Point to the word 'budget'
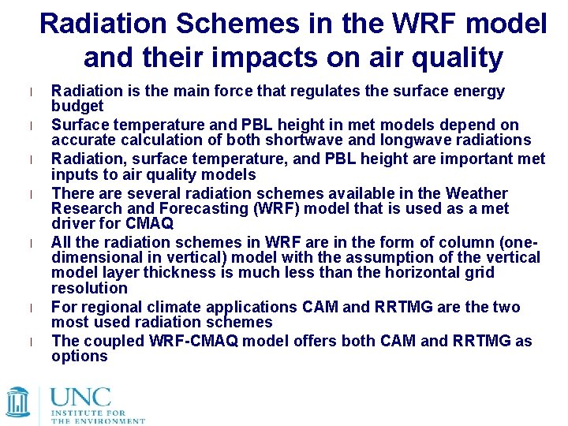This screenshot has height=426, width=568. [x=77, y=106]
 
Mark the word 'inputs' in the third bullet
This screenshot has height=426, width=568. [x=75, y=174]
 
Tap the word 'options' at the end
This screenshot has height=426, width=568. [x=79, y=356]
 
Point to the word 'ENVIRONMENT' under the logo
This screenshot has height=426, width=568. [x=110, y=421]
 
